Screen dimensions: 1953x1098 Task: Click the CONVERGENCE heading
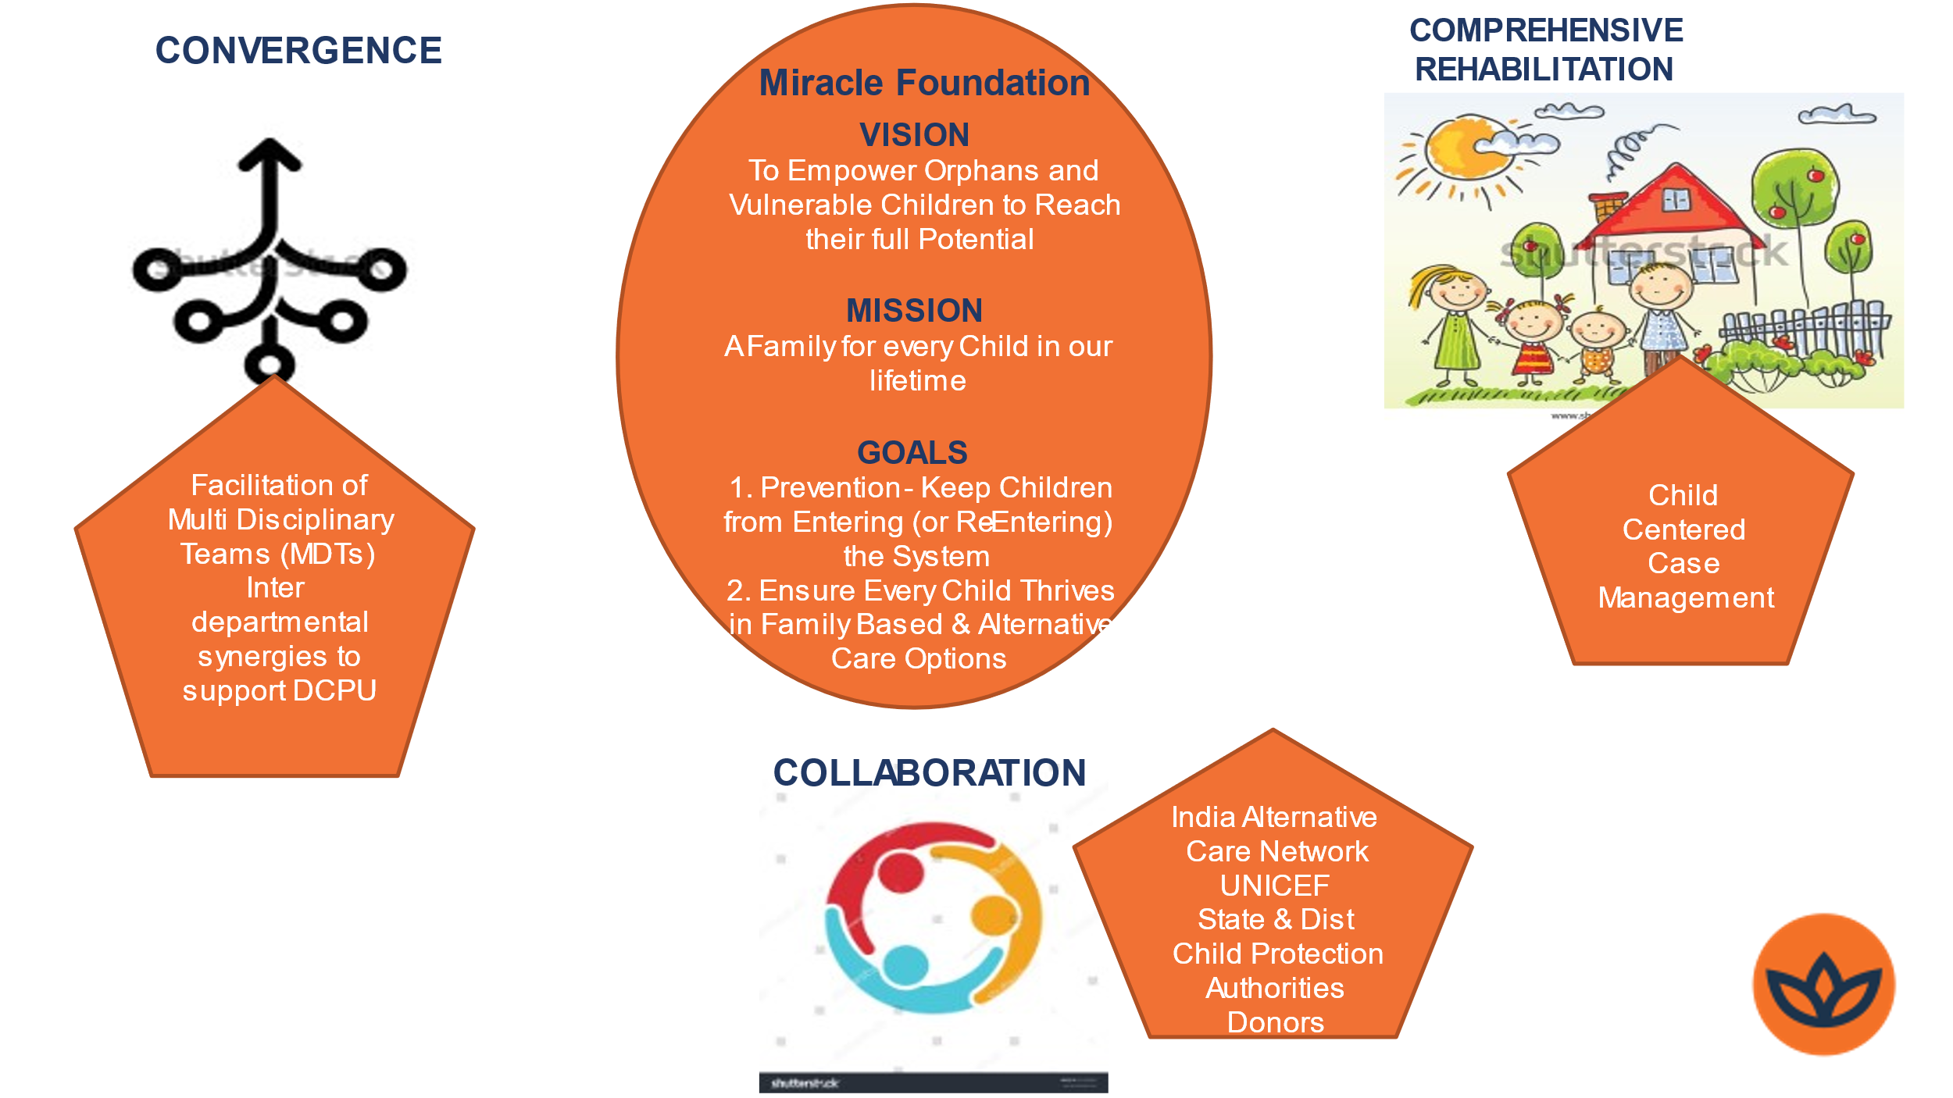click(298, 51)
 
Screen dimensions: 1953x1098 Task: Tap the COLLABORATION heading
click(930, 773)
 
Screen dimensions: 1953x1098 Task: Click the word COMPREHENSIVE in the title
click(1546, 30)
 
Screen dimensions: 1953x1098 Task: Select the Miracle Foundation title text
click(924, 83)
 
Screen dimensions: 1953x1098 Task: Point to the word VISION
click(915, 135)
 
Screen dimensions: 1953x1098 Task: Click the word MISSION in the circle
click(915, 311)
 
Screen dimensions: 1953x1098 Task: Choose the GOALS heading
click(912, 453)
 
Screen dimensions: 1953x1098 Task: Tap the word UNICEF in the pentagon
click(1275, 886)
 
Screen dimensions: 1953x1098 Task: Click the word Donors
click(1276, 1022)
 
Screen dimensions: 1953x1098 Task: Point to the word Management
click(1686, 598)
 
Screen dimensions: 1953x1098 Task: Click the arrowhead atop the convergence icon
click(270, 154)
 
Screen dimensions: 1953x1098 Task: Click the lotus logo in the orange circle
click(1824, 985)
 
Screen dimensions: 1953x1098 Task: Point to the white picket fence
click(1805, 328)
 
